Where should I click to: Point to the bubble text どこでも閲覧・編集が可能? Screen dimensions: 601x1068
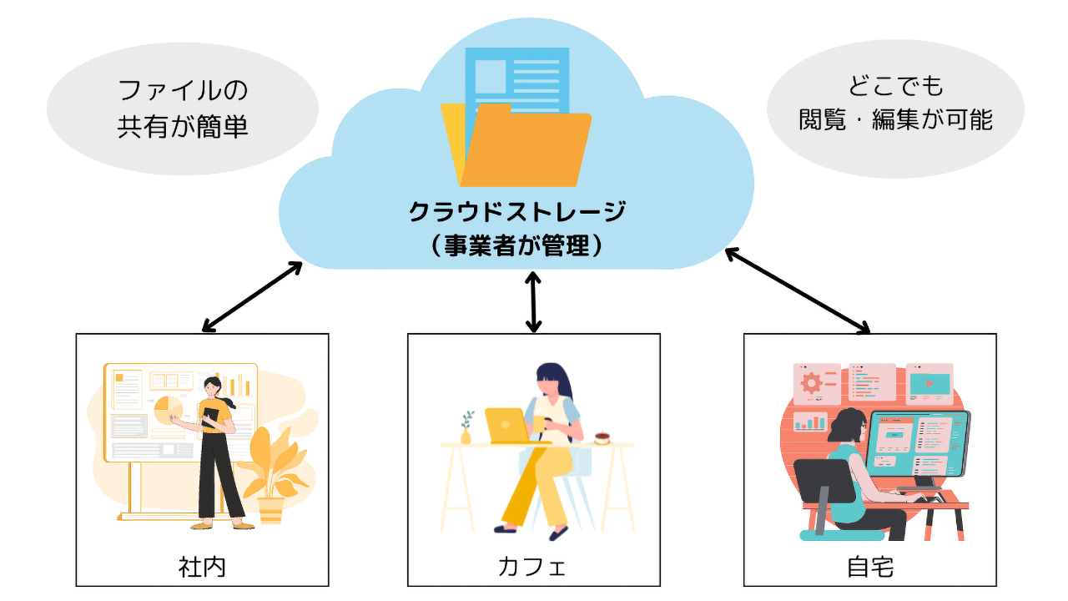click(x=895, y=104)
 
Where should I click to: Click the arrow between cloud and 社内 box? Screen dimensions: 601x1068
click(x=252, y=295)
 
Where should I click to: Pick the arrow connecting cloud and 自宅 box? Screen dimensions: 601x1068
click(x=797, y=290)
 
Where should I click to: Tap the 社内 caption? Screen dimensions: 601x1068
click(x=203, y=567)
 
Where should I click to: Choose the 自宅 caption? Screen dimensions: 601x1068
click(x=870, y=567)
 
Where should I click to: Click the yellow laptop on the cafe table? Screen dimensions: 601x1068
click(x=507, y=425)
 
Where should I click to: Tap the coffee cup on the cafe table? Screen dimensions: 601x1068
click(x=602, y=437)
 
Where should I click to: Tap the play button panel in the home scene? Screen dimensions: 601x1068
click(x=929, y=383)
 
